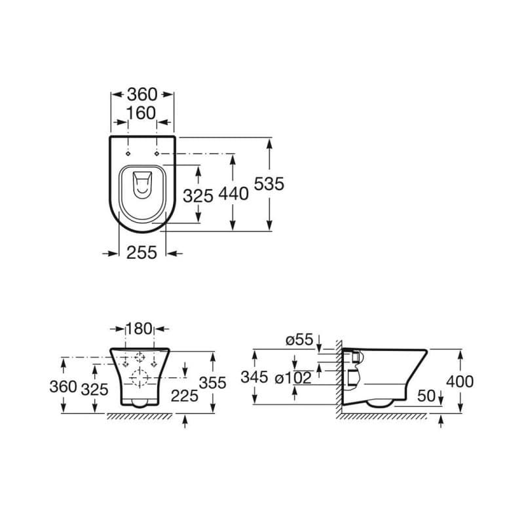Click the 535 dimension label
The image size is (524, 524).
(269, 184)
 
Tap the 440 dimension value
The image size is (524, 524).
(234, 194)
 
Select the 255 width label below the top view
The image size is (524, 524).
(141, 253)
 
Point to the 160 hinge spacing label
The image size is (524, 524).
(141, 113)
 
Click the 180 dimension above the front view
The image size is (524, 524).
(139, 329)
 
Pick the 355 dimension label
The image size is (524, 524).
(212, 383)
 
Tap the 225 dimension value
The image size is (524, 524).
(185, 396)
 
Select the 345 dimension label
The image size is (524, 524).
(254, 377)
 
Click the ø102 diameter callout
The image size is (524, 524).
(293, 378)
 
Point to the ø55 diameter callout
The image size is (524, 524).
(300, 340)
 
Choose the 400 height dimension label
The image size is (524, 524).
(460, 382)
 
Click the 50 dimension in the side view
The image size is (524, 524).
(427, 396)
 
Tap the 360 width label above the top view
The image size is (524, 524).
(142, 94)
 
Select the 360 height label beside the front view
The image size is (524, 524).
(63, 387)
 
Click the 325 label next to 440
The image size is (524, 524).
(198, 196)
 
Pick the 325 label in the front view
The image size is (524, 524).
(94, 390)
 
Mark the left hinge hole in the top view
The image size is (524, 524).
(128, 153)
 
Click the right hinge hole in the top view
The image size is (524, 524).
(157, 153)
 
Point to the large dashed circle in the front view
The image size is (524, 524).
(140, 378)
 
